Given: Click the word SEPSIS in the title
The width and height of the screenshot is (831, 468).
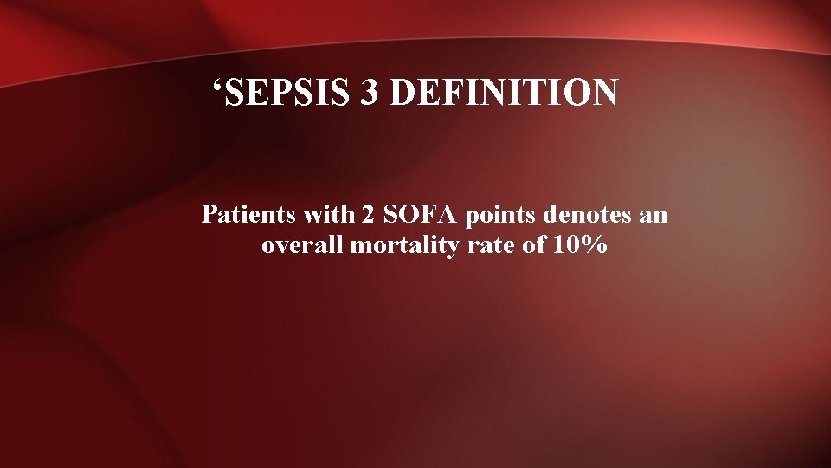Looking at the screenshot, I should pyautogui.click(x=291, y=93).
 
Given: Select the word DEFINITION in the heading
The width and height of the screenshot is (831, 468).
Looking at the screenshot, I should pyautogui.click(x=504, y=93).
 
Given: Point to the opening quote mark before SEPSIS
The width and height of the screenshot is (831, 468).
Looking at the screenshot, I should pyautogui.click(x=219, y=86).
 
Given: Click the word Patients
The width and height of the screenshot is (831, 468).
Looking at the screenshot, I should pyautogui.click(x=239, y=214).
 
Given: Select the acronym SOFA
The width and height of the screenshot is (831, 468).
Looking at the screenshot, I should pyautogui.click(x=384, y=214).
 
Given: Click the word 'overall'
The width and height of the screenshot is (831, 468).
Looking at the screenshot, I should pyautogui.click(x=302, y=245).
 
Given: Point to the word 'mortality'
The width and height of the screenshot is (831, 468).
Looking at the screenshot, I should pyautogui.click(x=396, y=246).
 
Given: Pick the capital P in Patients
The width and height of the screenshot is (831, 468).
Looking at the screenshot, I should pyautogui.click(x=208, y=214).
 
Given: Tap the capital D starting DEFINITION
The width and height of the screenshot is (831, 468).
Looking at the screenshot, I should pyautogui.click(x=402, y=93).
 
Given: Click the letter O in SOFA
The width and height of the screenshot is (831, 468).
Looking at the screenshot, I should pyautogui.click(x=377, y=214).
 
